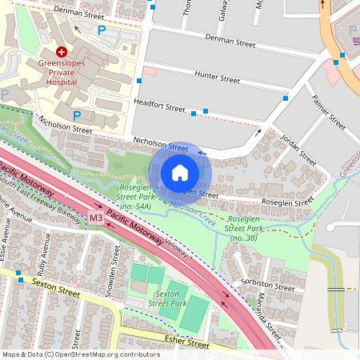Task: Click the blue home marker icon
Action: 180,172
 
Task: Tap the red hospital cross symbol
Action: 62,50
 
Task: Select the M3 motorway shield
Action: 96,218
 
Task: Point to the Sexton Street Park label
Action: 166,299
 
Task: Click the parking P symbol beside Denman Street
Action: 101,30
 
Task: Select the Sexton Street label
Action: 56,283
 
